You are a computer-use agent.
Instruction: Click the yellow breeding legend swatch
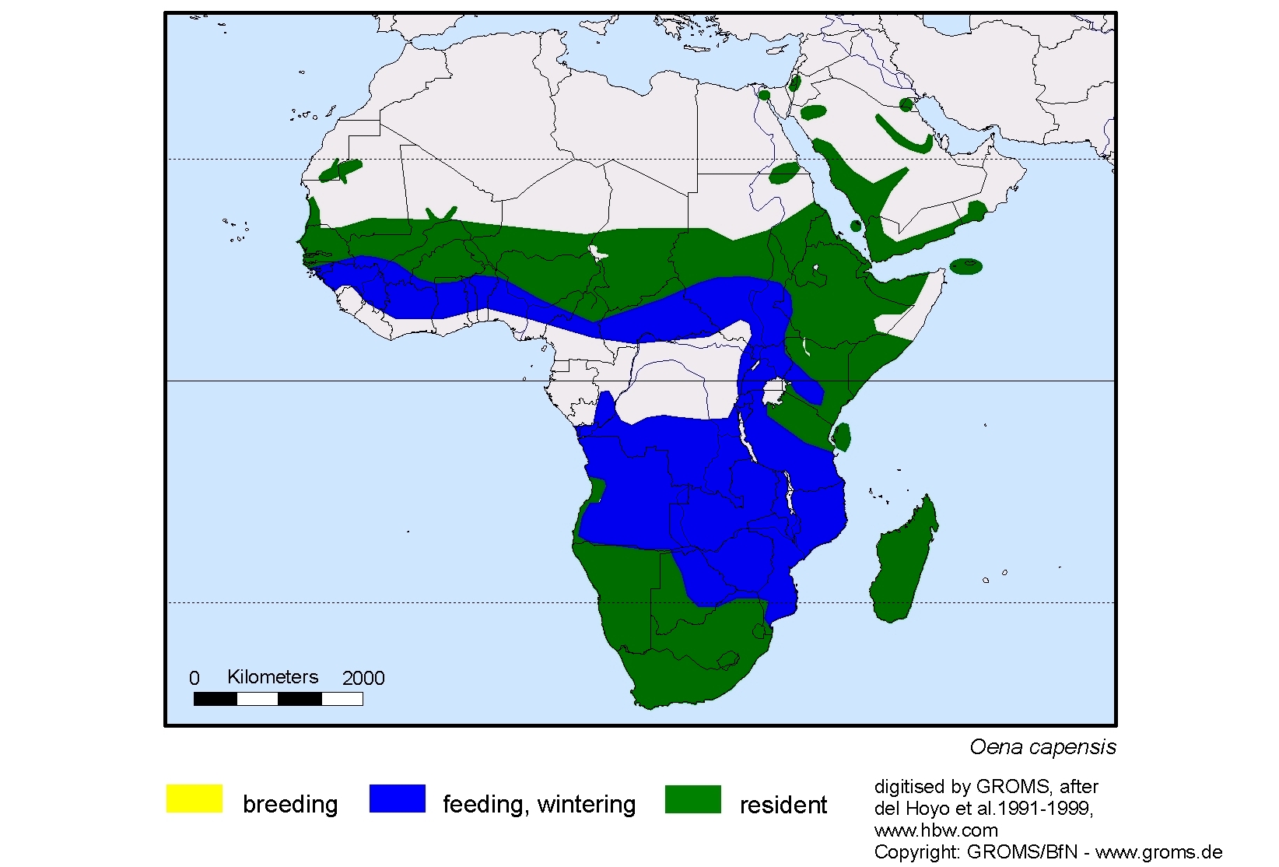tap(194, 799)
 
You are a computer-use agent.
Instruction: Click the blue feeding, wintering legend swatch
tap(397, 799)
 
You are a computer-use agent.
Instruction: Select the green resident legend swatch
tap(692, 799)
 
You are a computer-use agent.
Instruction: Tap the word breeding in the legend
tap(290, 804)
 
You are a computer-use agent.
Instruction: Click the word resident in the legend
tap(783, 805)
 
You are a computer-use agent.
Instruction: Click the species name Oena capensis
tap(1042, 747)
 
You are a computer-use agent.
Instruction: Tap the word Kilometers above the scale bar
tap(272, 677)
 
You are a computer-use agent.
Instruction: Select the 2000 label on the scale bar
tap(363, 679)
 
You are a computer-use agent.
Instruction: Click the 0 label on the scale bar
tap(194, 679)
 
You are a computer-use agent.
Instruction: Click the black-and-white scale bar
tap(278, 699)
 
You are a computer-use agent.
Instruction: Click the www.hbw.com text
tap(936, 830)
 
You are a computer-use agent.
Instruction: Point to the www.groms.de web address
tap(1158, 852)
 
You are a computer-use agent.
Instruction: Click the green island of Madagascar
tap(902, 560)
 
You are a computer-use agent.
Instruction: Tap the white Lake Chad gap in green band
tap(597, 253)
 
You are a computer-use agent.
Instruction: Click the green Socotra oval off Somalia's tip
tap(966, 266)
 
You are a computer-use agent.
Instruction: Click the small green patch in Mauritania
tap(341, 170)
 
